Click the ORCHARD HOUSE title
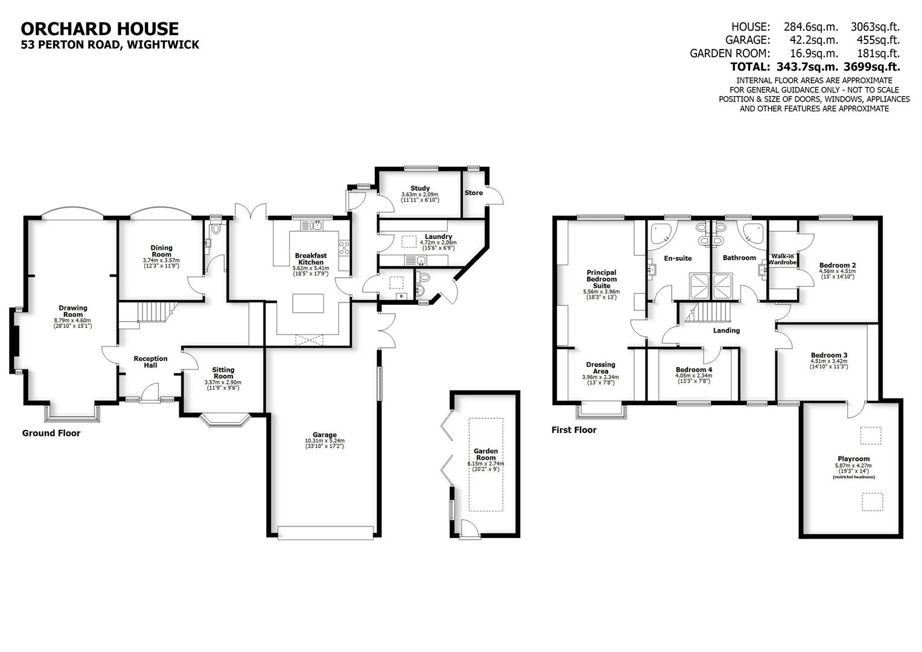(x=100, y=28)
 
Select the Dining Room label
(x=161, y=251)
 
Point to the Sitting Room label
(x=223, y=373)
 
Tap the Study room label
(x=420, y=188)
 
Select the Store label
(x=474, y=193)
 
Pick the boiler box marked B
(x=401, y=296)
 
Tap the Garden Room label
(x=486, y=454)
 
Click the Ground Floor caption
(x=51, y=433)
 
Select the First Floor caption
(x=574, y=430)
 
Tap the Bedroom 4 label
(x=693, y=369)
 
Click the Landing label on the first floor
(x=726, y=330)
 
